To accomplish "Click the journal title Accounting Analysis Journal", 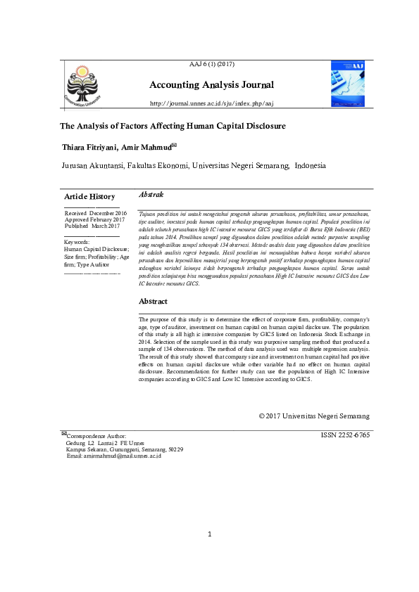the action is point(211,86).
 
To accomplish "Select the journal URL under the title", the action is point(211,103).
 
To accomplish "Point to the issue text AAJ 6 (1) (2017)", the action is point(212,65).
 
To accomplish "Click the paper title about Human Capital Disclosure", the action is point(172,127).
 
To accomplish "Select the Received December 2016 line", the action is point(96,212).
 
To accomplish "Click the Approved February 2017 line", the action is point(94,219).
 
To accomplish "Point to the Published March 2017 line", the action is point(92,226).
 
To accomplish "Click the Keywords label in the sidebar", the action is point(78,242).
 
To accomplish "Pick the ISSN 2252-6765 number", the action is point(344,435).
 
